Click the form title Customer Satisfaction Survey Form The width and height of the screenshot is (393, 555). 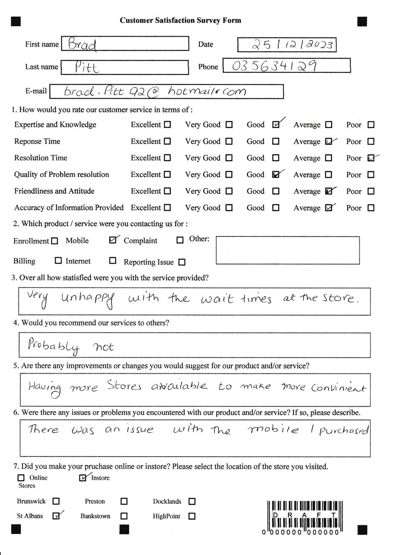click(180, 21)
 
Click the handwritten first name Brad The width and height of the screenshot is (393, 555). click(82, 44)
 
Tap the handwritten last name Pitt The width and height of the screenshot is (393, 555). click(87, 67)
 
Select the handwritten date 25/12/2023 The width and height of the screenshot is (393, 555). click(292, 45)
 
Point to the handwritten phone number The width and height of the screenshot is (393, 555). click(274, 66)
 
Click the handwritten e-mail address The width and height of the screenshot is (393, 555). click(155, 91)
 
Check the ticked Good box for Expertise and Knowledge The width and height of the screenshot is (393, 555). click(276, 125)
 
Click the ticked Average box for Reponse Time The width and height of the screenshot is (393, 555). click(329, 142)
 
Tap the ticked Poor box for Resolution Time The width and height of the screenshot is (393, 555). click(371, 158)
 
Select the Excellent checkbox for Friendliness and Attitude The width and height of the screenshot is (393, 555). click(168, 191)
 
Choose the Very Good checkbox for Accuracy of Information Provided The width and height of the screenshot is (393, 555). click(229, 208)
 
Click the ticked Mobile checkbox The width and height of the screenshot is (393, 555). click(113, 240)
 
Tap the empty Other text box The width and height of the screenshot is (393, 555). click(287, 250)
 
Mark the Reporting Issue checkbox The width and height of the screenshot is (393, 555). click(182, 262)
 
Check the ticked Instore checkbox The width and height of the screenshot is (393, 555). click(83, 478)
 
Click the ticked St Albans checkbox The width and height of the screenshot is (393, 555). click(56, 516)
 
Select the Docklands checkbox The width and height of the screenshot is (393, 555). click(192, 501)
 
